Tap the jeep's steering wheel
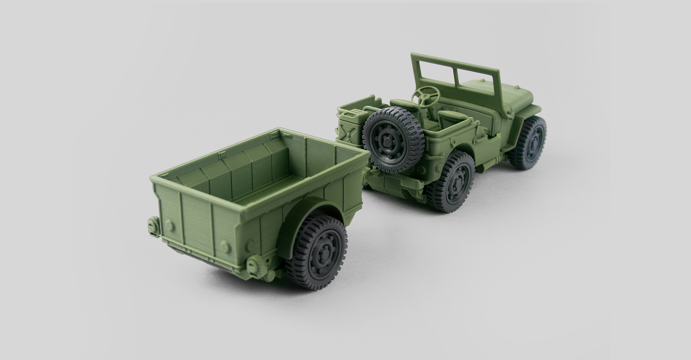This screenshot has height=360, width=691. pos(427,95)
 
